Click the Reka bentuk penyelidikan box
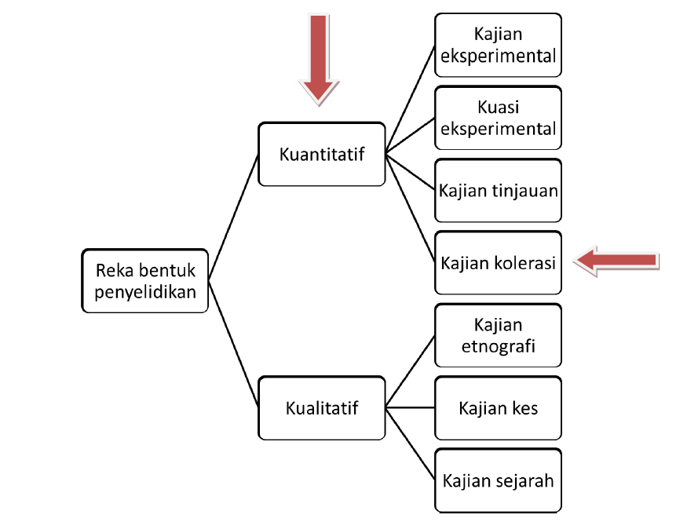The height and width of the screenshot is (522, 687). tap(145, 282)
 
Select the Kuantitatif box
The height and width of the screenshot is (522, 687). tap(322, 154)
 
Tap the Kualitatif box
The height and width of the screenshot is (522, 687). tap(322, 408)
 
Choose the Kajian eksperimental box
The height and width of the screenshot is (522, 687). tap(499, 46)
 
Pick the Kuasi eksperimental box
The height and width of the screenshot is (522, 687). tap(499, 118)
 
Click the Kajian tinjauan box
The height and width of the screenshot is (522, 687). tap(499, 191)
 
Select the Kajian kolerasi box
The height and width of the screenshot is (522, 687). tap(499, 263)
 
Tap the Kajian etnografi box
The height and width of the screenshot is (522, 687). tap(499, 335)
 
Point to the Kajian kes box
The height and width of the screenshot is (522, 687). tap(499, 408)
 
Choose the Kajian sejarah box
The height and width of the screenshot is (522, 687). tap(499, 480)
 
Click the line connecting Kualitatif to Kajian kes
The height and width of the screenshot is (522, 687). tap(410, 408)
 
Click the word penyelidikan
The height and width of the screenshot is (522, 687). tap(145, 293)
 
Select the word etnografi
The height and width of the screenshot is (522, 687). tap(499, 345)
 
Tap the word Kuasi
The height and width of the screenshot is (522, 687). tap(499, 108)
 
